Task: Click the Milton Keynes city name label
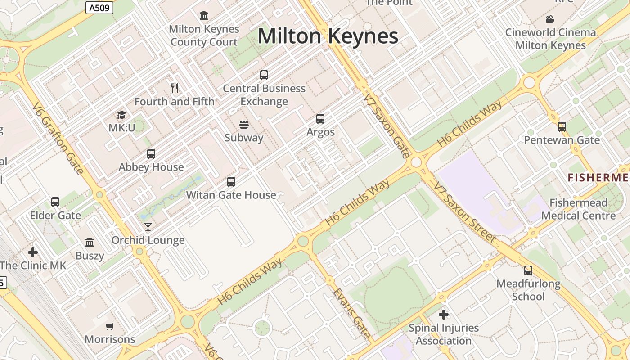coord(328,36)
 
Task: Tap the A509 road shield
coord(99,7)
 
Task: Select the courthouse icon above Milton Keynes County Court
coord(204,16)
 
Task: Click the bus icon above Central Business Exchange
coord(264,75)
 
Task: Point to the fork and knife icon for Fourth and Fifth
coord(175,88)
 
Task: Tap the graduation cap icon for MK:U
coord(121,115)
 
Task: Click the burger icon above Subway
coord(244,124)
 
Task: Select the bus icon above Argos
coord(320,119)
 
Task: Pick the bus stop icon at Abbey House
coord(151,154)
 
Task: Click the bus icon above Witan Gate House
coord(231,182)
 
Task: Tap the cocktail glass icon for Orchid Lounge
coord(148,227)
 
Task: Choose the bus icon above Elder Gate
coord(55,202)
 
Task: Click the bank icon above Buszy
coord(90,243)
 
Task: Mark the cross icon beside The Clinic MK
coord(33,252)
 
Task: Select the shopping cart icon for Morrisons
coord(110,326)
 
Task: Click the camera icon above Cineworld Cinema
coord(550,19)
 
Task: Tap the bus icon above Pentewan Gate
coord(562,127)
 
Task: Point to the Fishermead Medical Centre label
coord(578,209)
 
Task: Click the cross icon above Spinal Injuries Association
coord(444,315)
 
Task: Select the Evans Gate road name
coord(352,313)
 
